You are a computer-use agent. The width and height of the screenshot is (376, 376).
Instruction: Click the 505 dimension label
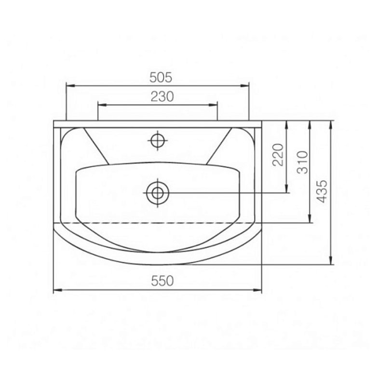161,77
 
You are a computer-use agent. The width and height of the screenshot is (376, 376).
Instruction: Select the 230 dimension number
162,96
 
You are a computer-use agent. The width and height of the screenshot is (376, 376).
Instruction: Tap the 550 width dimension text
162,281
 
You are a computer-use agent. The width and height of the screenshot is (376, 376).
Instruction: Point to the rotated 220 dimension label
278,155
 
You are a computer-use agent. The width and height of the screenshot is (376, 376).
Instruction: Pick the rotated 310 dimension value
302,162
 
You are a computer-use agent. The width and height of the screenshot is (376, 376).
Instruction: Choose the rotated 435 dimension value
322,191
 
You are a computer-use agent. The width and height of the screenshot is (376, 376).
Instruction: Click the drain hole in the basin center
157,193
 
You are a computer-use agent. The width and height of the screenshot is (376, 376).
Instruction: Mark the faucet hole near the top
157,141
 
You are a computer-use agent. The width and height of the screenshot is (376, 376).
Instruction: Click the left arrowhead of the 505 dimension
70,86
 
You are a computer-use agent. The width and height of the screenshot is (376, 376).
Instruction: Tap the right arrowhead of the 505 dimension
245,86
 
